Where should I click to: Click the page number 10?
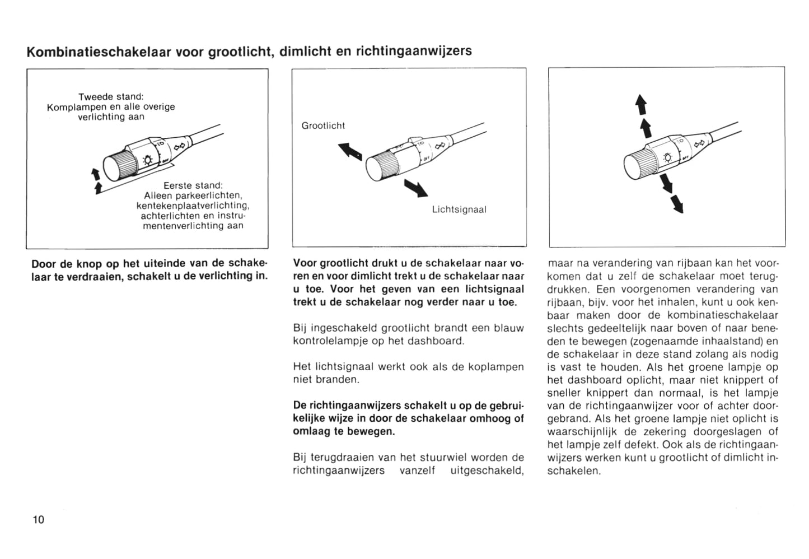(39, 519)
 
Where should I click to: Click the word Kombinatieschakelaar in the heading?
(99, 51)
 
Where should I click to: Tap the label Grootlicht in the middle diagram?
(323, 125)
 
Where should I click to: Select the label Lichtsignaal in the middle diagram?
(459, 209)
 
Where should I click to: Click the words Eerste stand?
(193, 185)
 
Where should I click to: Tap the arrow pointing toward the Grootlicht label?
(350, 151)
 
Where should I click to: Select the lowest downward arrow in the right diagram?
(677, 204)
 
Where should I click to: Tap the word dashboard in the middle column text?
(437, 341)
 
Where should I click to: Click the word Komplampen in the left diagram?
(76, 106)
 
